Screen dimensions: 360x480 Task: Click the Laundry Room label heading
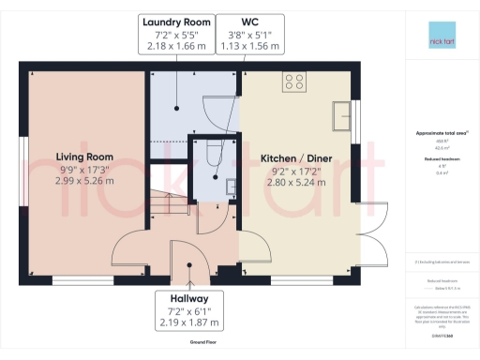click(x=176, y=20)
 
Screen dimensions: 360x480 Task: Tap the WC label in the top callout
click(x=248, y=20)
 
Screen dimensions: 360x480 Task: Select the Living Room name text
click(x=84, y=157)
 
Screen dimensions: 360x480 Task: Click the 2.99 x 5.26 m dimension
click(x=84, y=183)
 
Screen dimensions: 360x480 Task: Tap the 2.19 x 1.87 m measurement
click(x=190, y=322)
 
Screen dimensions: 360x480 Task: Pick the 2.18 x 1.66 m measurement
click(x=176, y=46)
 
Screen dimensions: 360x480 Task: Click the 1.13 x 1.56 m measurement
click(x=248, y=46)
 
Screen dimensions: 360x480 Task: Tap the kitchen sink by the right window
click(x=341, y=115)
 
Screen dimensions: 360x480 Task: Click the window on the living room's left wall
click(x=22, y=152)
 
